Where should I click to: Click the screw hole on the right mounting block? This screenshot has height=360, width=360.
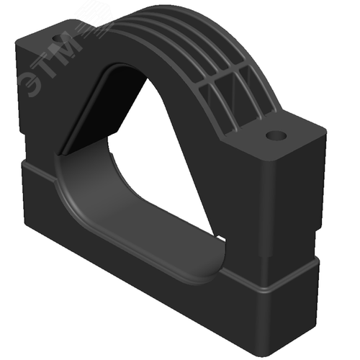click(x=276, y=136)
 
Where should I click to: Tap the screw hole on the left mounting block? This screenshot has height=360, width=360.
click(x=59, y=38)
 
